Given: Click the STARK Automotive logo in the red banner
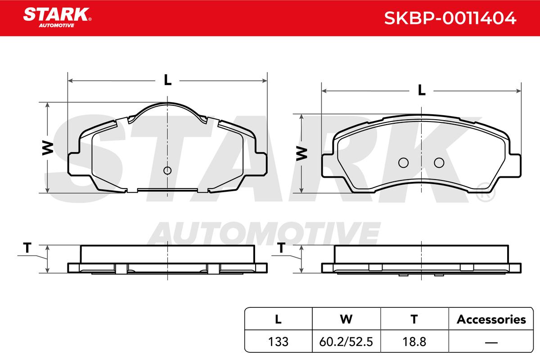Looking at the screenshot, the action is [x=57, y=18].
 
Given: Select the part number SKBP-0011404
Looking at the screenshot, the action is [x=450, y=18].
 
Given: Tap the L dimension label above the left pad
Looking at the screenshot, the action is [x=167, y=80].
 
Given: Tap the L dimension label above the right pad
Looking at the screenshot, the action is [x=421, y=90].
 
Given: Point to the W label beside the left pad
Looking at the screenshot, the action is [x=48, y=148].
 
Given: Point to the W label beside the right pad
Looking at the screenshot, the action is [x=301, y=153].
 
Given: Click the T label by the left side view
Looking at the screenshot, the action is [x=27, y=247].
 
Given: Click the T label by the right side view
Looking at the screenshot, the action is [x=281, y=247].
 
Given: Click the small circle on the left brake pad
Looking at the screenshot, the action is [x=167, y=171].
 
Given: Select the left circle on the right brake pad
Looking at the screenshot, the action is [x=403, y=163].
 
